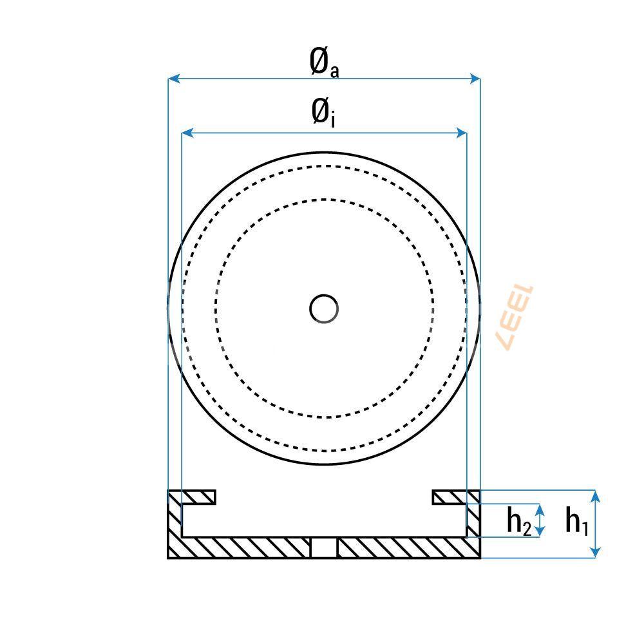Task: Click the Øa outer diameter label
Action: click(323, 62)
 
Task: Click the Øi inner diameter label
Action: click(323, 113)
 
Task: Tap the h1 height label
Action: click(576, 521)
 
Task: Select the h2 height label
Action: click(518, 521)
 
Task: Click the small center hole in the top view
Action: click(323, 308)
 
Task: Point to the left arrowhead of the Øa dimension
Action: click(173, 79)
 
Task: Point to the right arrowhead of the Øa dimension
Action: click(475, 79)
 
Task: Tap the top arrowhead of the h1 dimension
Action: click(596, 495)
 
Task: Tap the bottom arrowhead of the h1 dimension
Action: click(596, 552)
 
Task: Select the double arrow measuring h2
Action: click(541, 520)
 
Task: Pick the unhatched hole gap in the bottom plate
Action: click(324, 547)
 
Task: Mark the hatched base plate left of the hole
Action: click(245, 547)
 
